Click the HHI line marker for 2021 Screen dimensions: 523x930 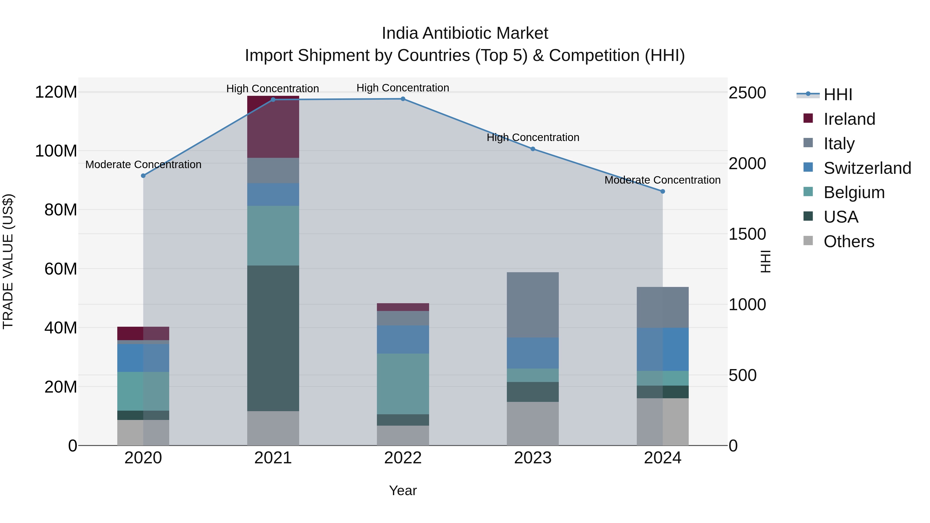[273, 100]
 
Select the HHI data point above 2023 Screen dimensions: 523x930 [533, 149]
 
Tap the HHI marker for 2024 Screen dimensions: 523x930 [662, 191]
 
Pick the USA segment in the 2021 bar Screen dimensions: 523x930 [273, 338]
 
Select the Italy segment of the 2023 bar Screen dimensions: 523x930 [533, 305]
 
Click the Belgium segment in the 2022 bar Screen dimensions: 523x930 [403, 384]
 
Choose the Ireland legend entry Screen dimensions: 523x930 [849, 119]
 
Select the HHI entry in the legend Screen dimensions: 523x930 [838, 95]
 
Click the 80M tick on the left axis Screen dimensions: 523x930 [61, 210]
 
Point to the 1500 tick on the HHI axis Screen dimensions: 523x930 [747, 234]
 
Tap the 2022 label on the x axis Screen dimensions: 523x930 [403, 458]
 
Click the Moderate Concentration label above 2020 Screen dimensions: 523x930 [143, 165]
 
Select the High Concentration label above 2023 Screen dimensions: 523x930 [533, 137]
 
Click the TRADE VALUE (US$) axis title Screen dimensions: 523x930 [8, 261]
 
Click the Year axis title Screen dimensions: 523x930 [403, 490]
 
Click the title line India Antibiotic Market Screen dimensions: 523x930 [465, 33]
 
